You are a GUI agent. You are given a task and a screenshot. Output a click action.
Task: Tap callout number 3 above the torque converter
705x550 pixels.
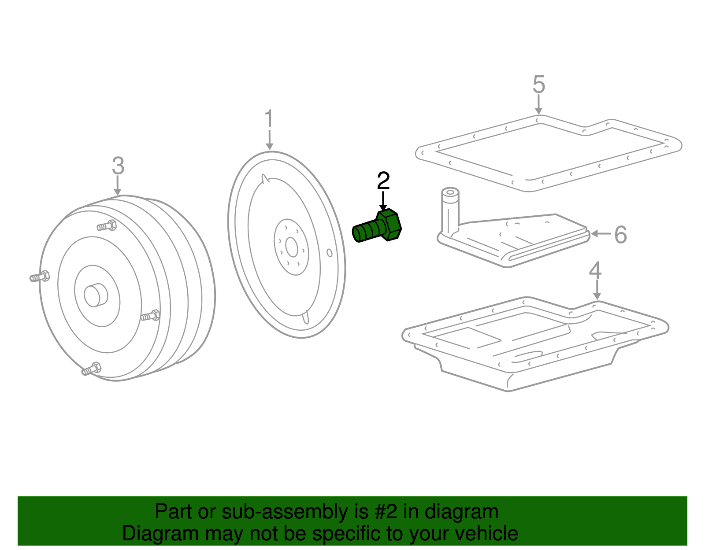pos(118,166)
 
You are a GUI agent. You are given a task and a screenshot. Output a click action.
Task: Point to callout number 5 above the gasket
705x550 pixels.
pos(538,84)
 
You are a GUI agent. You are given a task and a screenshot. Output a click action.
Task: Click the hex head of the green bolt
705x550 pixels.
pos(389,225)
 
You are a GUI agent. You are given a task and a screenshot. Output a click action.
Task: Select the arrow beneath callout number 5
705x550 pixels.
pos(538,104)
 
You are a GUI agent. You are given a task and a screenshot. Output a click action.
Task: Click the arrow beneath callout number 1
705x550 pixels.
pos(269,140)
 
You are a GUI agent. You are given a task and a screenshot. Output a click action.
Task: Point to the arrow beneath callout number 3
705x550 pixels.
pos(118,185)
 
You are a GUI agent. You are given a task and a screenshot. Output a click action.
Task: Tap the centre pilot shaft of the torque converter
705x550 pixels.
pos(96,295)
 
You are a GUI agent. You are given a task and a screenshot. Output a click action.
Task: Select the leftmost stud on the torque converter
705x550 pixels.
pos(40,277)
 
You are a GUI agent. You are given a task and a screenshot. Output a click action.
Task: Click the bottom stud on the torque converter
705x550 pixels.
pos(92,369)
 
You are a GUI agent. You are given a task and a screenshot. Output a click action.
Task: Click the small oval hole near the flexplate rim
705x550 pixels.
pos(329,253)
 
